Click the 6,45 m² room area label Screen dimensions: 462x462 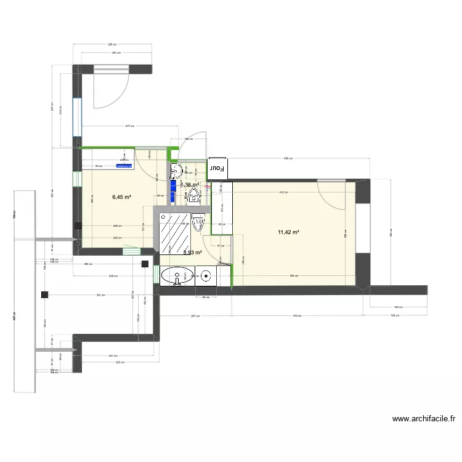click(x=121, y=197)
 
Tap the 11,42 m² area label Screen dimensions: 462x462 click(x=288, y=232)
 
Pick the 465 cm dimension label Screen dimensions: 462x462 click(x=288, y=158)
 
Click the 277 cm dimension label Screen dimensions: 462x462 click(x=129, y=126)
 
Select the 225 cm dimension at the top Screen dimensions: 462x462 click(x=112, y=44)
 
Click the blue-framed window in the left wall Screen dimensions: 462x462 click(x=77, y=117)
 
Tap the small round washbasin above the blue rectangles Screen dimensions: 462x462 click(x=176, y=170)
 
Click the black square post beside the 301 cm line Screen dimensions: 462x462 click(x=45, y=294)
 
